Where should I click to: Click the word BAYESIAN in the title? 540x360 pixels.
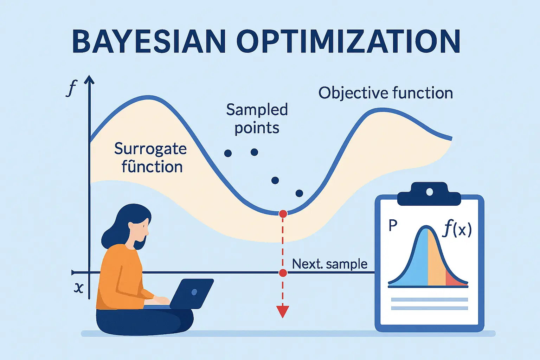(149, 41)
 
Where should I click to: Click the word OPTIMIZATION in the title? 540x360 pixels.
(349, 41)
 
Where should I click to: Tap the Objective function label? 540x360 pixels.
(385, 93)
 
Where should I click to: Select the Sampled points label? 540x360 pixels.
(257, 118)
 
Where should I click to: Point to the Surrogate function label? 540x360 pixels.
(151, 157)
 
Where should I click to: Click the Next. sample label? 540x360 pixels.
(329, 264)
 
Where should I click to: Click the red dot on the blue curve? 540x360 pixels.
(283, 214)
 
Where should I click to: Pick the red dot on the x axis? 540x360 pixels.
(283, 273)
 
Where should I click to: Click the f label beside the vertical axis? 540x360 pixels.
(71, 88)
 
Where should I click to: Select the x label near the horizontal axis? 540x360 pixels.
(79, 288)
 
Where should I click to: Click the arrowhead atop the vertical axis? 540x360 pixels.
(89, 79)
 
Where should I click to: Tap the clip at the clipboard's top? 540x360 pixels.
(429, 194)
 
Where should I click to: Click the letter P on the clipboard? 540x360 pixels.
(393, 225)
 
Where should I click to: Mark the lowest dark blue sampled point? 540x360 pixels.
(299, 193)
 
